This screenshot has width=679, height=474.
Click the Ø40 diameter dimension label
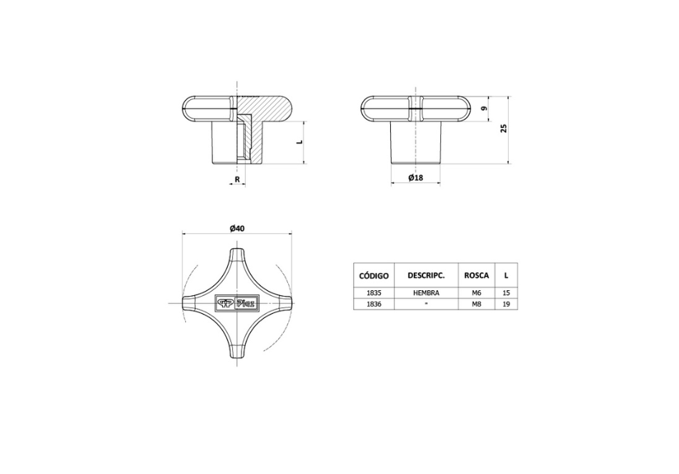coord(237,228)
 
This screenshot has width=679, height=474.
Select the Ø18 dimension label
coord(416,177)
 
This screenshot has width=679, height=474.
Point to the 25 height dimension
coord(503,128)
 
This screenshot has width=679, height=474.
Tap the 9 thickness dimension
coord(485,109)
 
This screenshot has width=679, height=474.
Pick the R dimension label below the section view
coord(237,179)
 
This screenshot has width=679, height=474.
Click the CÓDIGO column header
coord(374,275)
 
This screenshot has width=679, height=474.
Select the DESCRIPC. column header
coord(426,275)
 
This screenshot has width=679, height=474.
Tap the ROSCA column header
coord(476,275)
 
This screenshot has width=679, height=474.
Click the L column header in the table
coord(506,275)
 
